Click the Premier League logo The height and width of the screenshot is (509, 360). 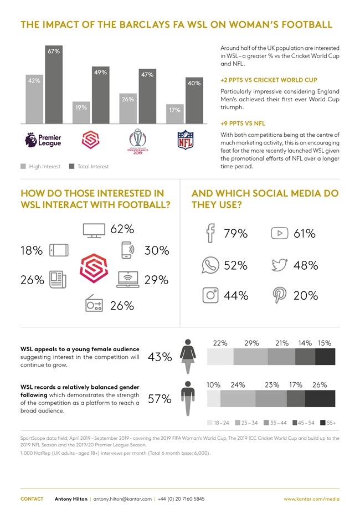click(43, 140)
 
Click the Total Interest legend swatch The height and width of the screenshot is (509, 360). click(72, 166)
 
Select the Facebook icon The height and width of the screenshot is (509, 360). click(210, 233)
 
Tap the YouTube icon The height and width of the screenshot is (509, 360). click(280, 233)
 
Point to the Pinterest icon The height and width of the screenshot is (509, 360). click(279, 295)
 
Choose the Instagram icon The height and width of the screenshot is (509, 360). click(211, 295)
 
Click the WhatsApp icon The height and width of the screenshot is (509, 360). click(210, 265)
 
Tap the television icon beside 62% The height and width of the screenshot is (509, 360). click(92, 230)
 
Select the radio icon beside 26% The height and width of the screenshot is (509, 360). click(94, 305)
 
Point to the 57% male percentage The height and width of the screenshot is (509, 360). click(159, 399)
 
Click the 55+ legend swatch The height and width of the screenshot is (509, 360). click(323, 422)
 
